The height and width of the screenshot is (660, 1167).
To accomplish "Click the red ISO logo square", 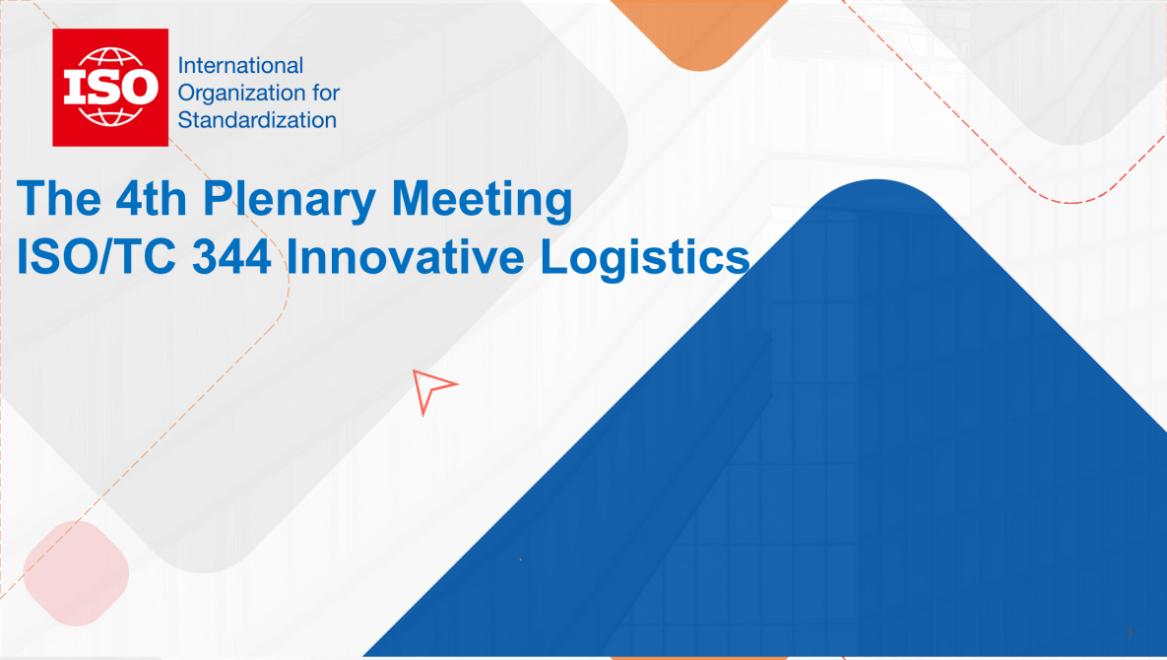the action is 110,87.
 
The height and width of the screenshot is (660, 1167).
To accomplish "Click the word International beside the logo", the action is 240,65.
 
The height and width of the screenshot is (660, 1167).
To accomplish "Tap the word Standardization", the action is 257,120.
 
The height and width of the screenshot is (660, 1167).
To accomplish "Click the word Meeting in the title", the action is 482,199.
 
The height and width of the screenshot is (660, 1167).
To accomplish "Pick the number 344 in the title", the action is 231,257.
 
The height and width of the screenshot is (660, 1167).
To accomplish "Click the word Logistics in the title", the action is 644,258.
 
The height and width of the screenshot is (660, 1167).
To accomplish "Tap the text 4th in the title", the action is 151,199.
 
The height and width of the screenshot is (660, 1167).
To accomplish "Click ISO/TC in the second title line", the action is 96,257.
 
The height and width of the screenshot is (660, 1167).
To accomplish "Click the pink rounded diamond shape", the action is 76,573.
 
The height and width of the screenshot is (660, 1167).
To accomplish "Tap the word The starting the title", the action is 59,199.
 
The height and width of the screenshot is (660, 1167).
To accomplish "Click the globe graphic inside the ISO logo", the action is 110,87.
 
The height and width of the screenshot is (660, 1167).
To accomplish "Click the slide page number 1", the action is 1130,632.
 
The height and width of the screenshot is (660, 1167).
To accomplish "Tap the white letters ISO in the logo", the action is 110,88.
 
